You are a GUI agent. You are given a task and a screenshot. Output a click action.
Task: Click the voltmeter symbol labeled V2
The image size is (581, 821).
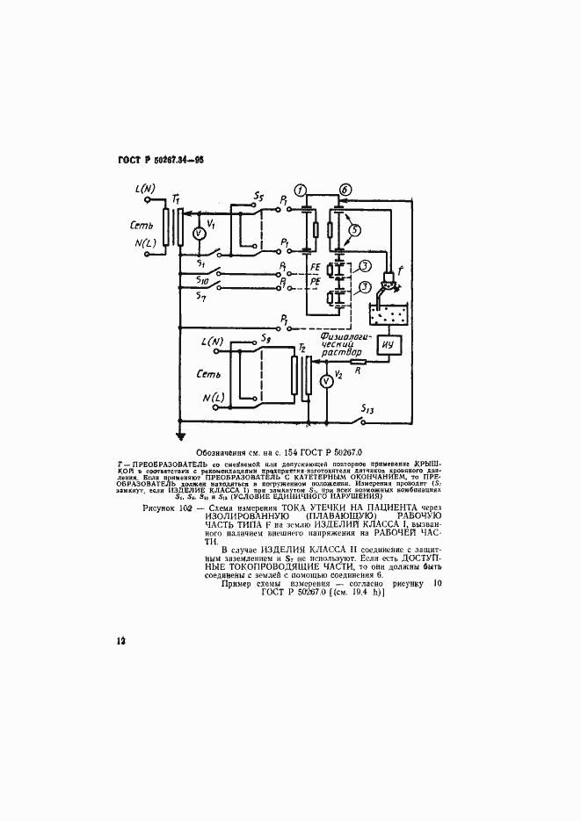(324, 380)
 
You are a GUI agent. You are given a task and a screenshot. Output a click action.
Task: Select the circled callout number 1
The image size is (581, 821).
(301, 191)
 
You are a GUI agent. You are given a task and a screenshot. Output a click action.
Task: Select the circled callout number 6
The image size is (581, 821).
(345, 191)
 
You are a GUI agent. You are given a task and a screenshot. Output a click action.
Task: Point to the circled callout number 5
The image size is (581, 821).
(356, 231)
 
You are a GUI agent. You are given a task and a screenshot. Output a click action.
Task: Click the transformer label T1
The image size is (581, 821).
(176, 198)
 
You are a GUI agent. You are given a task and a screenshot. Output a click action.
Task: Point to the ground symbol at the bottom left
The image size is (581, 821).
(178, 434)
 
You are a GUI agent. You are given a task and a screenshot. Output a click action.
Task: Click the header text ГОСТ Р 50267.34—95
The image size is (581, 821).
(161, 161)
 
